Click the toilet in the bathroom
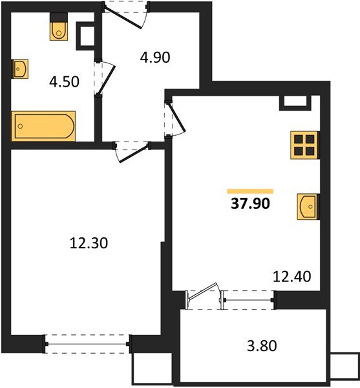click(58, 28)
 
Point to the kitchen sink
click(308, 206)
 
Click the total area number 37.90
click(250, 205)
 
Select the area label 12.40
click(292, 277)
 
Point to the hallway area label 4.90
click(154, 58)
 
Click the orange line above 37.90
click(250, 191)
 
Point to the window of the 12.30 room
click(87, 343)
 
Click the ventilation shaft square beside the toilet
click(86, 36)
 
